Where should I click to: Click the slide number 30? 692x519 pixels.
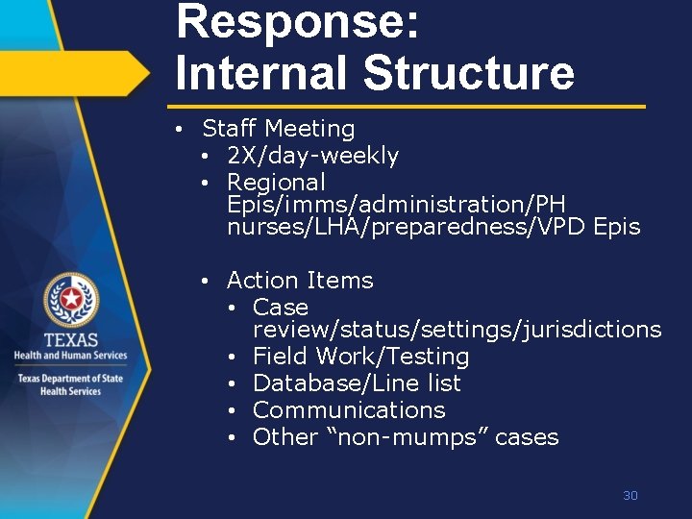click(630, 496)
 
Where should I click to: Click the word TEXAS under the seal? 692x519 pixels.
click(70, 341)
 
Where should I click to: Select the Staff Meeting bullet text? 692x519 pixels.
click(278, 129)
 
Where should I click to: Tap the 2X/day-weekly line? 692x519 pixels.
click(312, 156)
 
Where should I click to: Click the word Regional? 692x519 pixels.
click(277, 182)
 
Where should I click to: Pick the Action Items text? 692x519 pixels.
click(300, 281)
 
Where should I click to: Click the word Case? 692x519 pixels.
click(281, 308)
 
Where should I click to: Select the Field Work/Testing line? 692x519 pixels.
click(360, 357)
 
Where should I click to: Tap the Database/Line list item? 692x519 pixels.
click(357, 383)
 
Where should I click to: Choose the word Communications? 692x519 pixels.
click(349, 410)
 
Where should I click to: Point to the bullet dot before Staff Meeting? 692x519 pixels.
click(180, 129)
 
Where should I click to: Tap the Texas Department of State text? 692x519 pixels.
click(70, 379)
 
